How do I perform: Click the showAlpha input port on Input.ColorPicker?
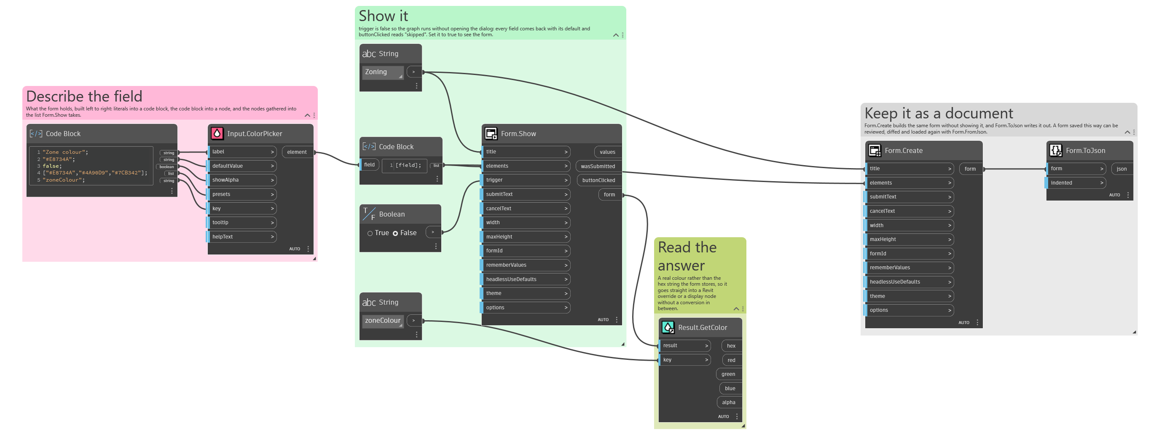click(x=242, y=180)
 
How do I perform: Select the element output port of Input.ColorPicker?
click(x=298, y=152)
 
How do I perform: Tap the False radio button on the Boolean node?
click(x=395, y=233)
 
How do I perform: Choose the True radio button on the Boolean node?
click(x=370, y=233)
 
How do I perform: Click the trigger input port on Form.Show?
click(x=526, y=180)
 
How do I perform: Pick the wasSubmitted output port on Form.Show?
click(x=598, y=166)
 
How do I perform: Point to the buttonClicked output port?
click(x=599, y=180)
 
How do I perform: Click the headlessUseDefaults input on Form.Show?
click(x=526, y=279)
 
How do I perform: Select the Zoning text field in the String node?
click(x=382, y=72)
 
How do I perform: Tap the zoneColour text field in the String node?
click(x=382, y=321)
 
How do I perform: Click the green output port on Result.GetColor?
click(x=728, y=374)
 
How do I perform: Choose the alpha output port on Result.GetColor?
click(x=729, y=402)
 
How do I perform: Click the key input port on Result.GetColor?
click(x=685, y=360)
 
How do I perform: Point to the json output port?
click(x=1121, y=169)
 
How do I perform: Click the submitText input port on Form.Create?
click(x=910, y=197)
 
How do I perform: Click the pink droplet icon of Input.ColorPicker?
click(x=217, y=134)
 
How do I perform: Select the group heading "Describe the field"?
click(x=84, y=96)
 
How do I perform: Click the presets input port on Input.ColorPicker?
click(x=242, y=194)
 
